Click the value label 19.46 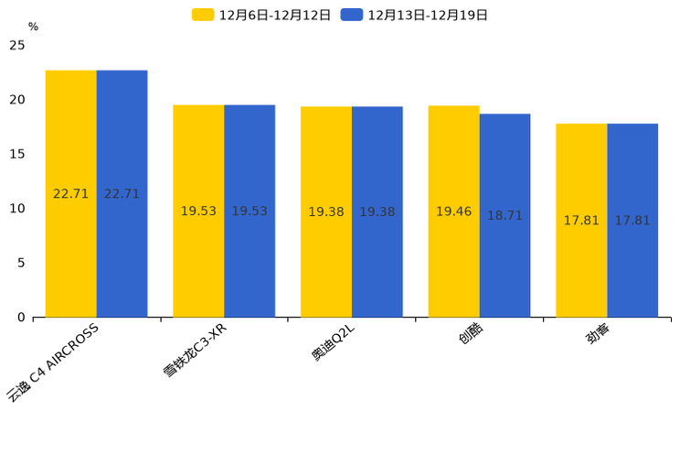point(453,211)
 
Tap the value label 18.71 point(505,216)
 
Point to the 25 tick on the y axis point(17,46)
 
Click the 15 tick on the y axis point(17,154)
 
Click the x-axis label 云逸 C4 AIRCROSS point(53,362)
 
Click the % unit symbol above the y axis point(33,27)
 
